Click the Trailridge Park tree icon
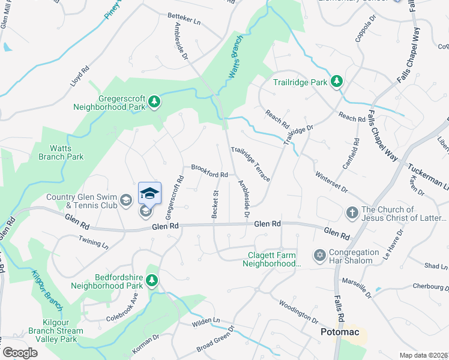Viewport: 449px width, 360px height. coord(337,82)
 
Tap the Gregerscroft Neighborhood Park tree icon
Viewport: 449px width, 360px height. coord(154,101)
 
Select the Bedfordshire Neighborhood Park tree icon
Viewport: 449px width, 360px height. coord(152,280)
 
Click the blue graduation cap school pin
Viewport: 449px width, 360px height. coord(149,193)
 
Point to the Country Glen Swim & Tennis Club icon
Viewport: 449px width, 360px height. coord(126,200)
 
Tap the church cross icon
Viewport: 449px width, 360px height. coord(352,212)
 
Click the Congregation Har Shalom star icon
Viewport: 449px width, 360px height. coord(319,255)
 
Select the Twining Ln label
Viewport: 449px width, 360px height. coord(93,242)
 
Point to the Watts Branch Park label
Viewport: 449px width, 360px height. coord(58,152)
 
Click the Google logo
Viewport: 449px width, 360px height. coord(20,353)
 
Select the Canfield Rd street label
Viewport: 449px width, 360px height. coord(356,152)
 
